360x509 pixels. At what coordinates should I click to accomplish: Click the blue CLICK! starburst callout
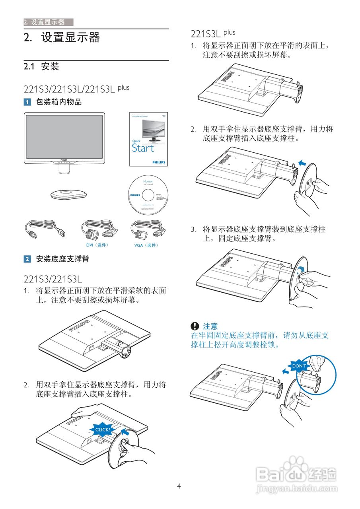(102, 429)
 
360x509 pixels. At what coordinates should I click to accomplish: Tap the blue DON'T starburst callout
(299, 366)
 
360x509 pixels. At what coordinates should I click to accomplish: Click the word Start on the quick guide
(143, 148)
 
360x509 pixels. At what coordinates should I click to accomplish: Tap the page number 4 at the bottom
(179, 486)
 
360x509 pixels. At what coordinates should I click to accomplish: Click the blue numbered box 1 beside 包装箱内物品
(27, 102)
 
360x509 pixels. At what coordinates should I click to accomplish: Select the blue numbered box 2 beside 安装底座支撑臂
(27, 259)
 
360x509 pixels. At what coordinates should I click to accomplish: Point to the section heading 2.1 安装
(41, 66)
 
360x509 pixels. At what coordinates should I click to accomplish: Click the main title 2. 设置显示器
(62, 38)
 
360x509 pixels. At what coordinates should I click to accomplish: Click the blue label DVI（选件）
(97, 245)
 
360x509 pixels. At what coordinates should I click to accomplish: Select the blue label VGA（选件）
(146, 245)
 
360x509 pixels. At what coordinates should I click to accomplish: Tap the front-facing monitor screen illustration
(64, 136)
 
